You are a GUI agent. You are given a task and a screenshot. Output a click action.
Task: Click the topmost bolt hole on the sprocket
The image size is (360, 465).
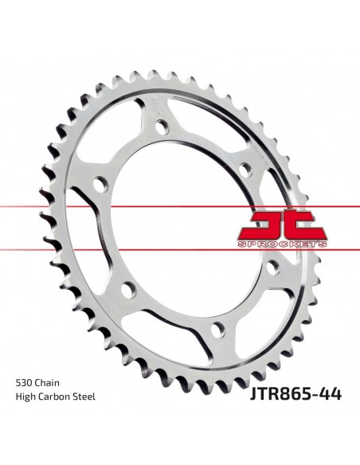coord(164,127)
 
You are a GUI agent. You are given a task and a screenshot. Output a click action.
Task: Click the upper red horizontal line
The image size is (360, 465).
coord(80,205)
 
